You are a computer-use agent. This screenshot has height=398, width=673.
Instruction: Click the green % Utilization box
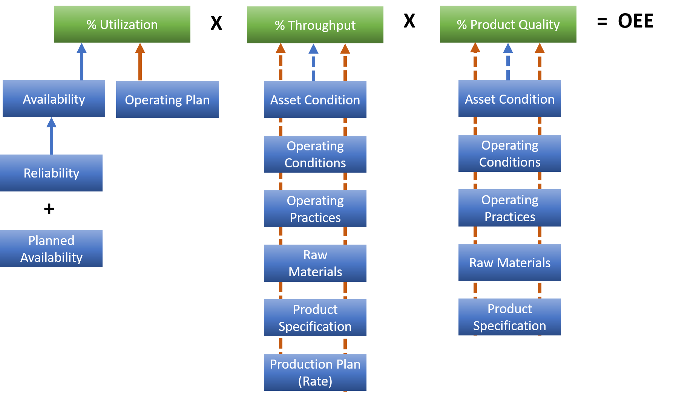click(122, 24)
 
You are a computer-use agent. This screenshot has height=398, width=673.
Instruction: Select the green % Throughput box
click(315, 25)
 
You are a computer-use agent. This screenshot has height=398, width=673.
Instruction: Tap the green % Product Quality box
click(508, 24)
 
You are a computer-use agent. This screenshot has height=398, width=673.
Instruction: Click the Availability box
click(54, 99)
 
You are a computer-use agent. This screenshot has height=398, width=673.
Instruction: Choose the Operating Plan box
click(167, 99)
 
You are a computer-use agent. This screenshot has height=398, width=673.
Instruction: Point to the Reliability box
click(51, 173)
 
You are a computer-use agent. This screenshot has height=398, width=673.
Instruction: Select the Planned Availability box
click(51, 249)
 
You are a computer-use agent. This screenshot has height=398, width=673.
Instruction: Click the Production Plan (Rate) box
click(315, 372)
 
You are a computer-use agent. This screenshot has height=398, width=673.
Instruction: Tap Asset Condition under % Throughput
click(315, 99)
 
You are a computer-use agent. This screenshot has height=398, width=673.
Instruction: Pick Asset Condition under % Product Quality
click(509, 99)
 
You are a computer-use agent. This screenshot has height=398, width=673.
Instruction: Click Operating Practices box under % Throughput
click(315, 208)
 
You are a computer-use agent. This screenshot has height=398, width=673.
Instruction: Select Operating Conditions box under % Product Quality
click(509, 153)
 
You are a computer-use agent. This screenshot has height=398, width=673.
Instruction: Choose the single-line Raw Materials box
click(509, 262)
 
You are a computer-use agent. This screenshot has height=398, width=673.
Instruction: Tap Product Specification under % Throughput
click(315, 318)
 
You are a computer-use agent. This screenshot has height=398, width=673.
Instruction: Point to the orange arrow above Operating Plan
click(140, 62)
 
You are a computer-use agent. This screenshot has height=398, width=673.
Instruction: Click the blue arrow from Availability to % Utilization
click(81, 62)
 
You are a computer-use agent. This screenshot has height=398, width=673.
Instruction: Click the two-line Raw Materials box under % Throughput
click(315, 263)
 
